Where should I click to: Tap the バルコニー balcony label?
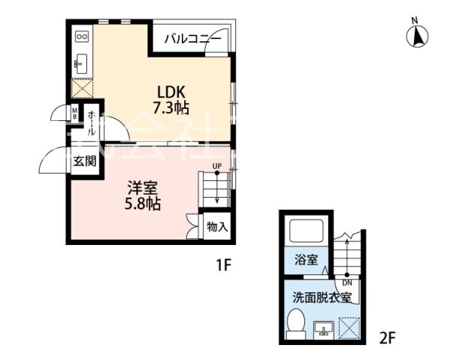point(192,38)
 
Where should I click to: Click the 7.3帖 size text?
point(171,107)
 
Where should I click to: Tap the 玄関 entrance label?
point(84,160)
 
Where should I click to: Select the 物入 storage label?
point(217,226)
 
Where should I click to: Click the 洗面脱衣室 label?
point(322,296)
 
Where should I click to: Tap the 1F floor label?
point(224,265)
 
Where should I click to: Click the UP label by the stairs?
point(216,166)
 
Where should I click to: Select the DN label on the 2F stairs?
point(347,283)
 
